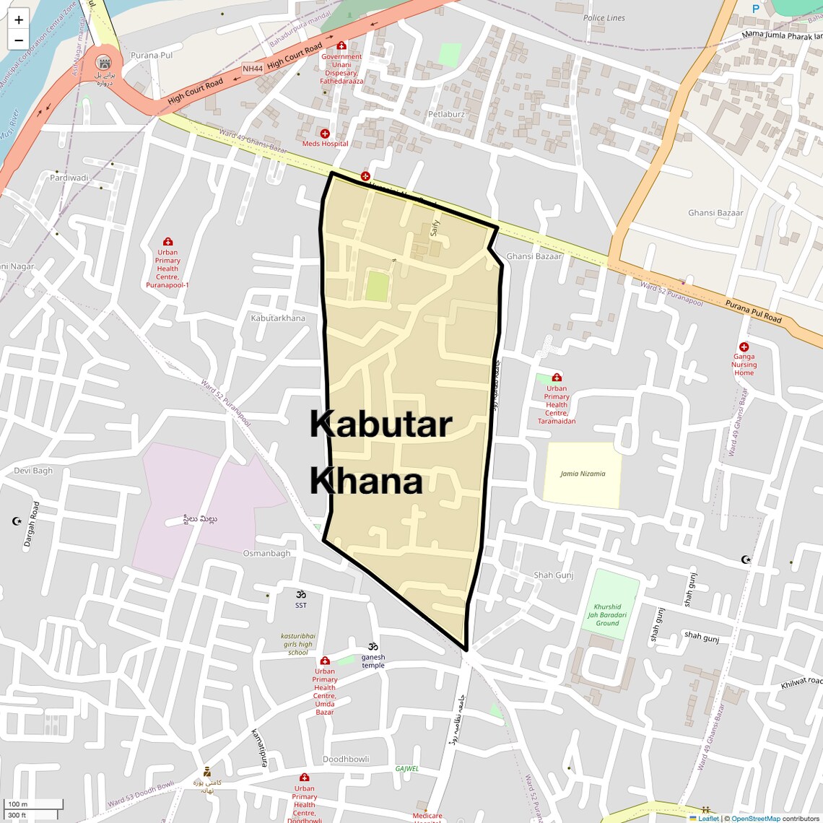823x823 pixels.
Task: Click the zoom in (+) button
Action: (x=19, y=20)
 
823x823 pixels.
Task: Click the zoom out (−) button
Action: (x=19, y=40)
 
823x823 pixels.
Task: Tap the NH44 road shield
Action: (x=253, y=69)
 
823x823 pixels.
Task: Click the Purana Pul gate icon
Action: (x=103, y=63)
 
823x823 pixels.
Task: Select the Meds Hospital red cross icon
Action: (x=325, y=134)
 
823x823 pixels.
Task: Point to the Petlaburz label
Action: (x=446, y=114)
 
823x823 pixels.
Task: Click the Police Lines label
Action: (x=604, y=18)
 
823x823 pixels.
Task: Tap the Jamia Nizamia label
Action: (x=583, y=474)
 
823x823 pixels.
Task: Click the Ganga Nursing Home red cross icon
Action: (x=744, y=347)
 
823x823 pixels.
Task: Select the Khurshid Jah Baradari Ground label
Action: (x=607, y=615)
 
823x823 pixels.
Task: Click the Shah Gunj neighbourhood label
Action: (x=553, y=575)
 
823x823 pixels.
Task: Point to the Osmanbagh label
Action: (x=266, y=554)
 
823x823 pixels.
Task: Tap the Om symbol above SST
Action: (x=301, y=594)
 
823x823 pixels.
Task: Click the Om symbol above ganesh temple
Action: (x=373, y=646)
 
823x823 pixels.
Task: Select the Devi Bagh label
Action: (x=33, y=471)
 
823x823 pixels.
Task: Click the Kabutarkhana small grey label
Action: (x=278, y=318)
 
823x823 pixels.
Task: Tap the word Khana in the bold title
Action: (x=366, y=481)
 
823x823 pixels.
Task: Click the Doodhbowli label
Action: (x=346, y=759)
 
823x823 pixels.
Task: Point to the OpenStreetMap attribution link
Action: (x=755, y=819)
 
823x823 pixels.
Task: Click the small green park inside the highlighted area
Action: (x=377, y=287)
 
